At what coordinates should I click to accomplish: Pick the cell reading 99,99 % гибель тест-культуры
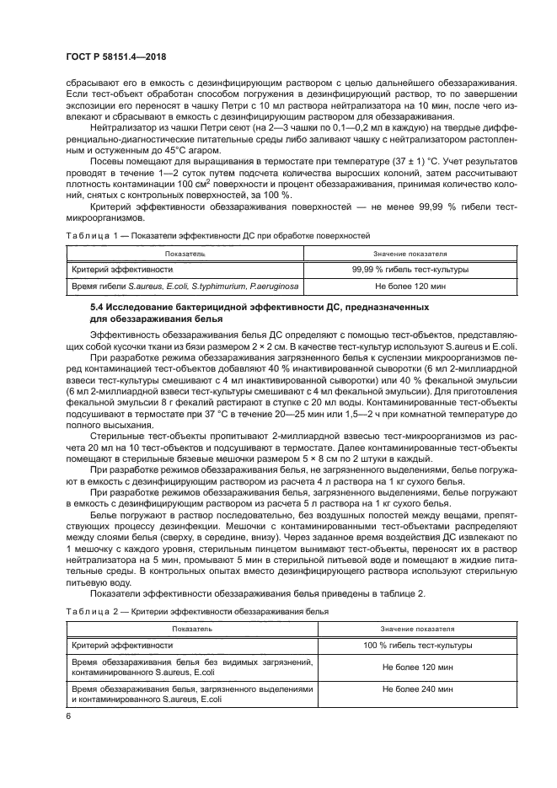pos(410,269)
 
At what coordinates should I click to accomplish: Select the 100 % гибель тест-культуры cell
pos(410,645)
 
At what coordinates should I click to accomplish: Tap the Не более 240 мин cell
pos(410,689)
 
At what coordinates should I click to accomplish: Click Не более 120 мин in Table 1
pos(410,288)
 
